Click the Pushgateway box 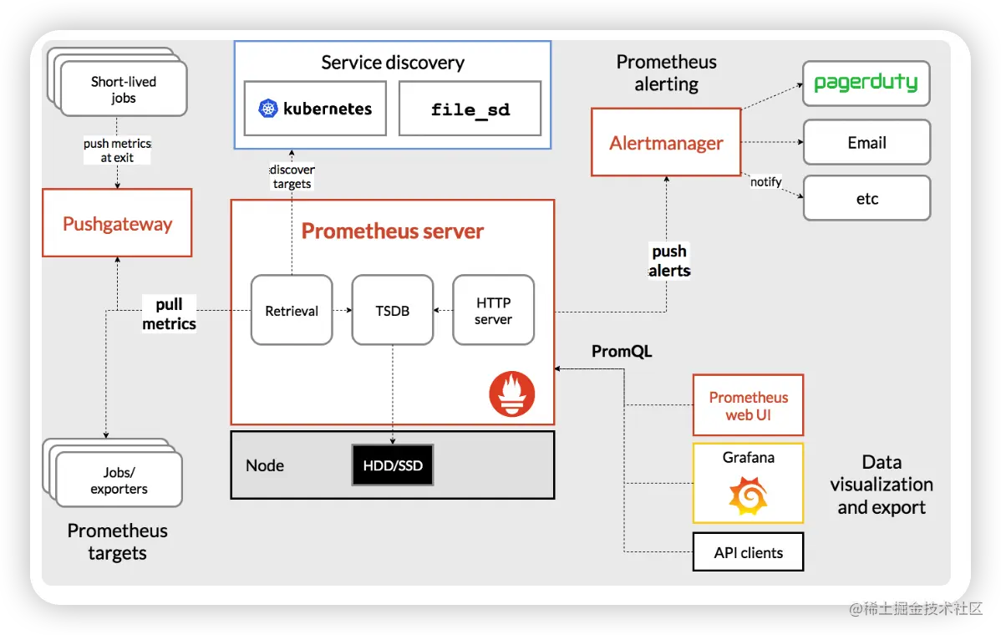(117, 223)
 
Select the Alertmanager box (666, 142)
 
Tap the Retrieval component (292, 311)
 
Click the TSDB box (393, 311)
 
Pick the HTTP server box (493, 311)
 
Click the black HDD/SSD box (393, 465)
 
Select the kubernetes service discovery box (315, 109)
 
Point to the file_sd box (470, 109)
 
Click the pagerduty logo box (866, 84)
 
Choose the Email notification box (866, 142)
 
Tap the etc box (866, 199)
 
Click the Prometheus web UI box (748, 405)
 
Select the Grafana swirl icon (748, 495)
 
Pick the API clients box (748, 552)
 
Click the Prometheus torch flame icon (511, 394)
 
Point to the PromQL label (622, 351)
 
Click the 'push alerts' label (669, 261)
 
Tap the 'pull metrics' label (169, 314)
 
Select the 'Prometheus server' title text (392, 231)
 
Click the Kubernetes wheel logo (267, 109)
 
